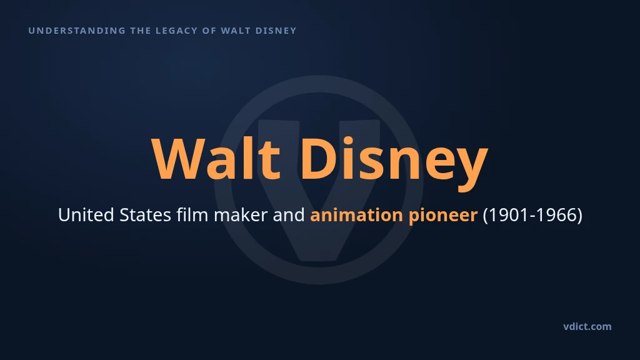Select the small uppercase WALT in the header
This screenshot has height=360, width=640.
pyautogui.click(x=236, y=31)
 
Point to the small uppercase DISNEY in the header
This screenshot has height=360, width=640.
pyautogui.click(x=276, y=31)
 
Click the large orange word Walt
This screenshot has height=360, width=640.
pyautogui.click(x=216, y=158)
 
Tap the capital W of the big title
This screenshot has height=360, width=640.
pyautogui.click(x=177, y=159)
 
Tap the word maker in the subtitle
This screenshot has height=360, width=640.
pyautogui.click(x=241, y=215)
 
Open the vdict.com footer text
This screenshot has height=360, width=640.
pyautogui.click(x=587, y=326)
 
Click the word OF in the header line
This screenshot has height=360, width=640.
pyautogui.click(x=209, y=31)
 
